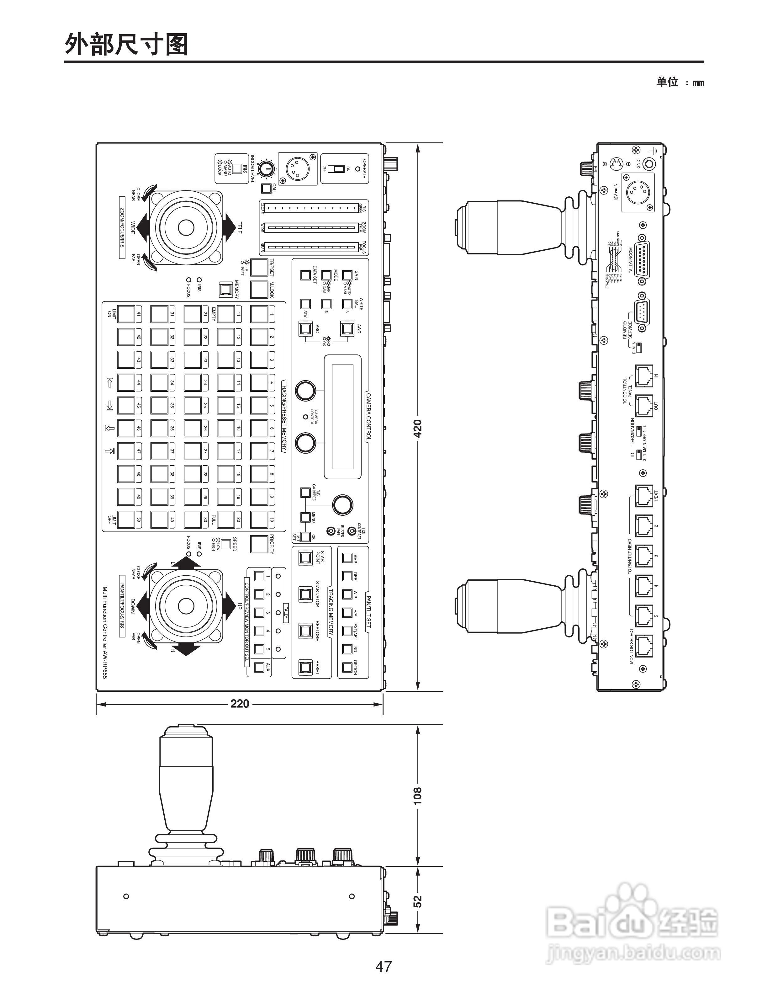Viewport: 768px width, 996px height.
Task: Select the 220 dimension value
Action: tap(240, 704)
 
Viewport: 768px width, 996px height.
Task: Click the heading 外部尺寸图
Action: tap(126, 45)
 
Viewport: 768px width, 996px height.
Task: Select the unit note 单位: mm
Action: tap(680, 83)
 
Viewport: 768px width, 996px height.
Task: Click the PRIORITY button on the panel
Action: tap(259, 543)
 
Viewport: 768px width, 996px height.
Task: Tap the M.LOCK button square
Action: tap(259, 289)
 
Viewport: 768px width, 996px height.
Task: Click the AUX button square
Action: tap(259, 667)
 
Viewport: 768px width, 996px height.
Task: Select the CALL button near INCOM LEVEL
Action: tap(266, 188)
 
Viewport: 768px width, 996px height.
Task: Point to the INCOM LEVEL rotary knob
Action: tap(266, 169)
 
